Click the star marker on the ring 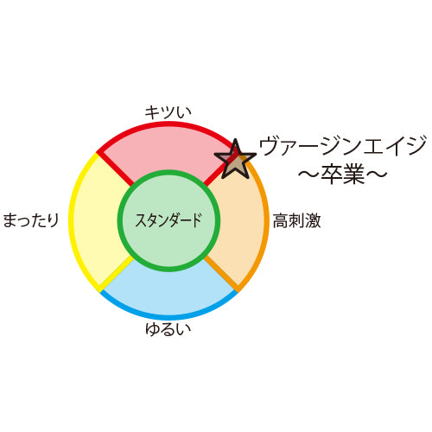pos(235,160)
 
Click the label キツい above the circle pos(168,112)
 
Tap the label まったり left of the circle pos(31,220)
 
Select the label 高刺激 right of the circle pos(296,220)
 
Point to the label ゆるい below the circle pos(168,329)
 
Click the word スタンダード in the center pos(168,220)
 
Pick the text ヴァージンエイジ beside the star pos(343,146)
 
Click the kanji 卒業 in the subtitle pos(343,175)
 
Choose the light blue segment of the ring pos(169,291)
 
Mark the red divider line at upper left pos(115,167)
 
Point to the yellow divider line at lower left pos(115,275)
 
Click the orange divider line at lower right pos(222,274)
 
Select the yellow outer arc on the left pos(71,220)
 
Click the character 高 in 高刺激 pos(281,220)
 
